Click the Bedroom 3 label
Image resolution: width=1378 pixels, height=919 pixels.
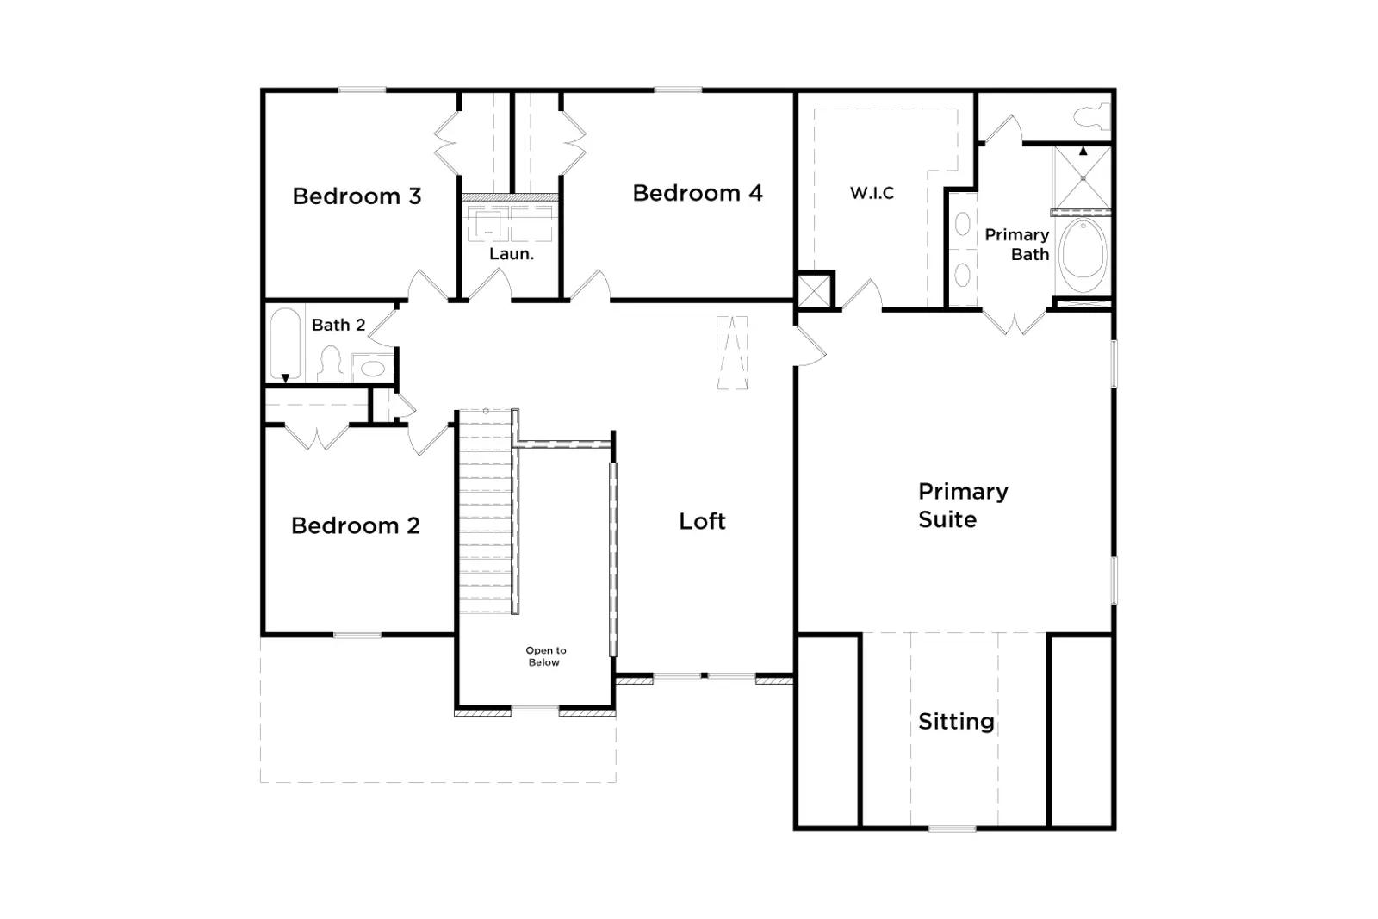coord(357,196)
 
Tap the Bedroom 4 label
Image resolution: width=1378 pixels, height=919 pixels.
coord(698,193)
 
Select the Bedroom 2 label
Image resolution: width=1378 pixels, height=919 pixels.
coord(356,526)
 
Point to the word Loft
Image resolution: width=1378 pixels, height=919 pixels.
coord(702,522)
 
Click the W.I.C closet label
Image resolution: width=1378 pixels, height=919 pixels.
coord(872,193)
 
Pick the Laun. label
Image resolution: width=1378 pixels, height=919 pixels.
coord(512,254)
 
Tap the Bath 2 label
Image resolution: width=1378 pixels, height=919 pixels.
coord(338,325)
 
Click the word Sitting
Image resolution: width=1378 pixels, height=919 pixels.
coord(956,722)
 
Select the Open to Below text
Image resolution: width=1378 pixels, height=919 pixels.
coord(546,656)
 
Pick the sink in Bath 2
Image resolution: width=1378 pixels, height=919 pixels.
coord(372,369)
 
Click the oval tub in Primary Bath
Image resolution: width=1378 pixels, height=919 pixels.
coord(1083,255)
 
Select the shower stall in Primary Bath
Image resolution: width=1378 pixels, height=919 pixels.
coord(1083,178)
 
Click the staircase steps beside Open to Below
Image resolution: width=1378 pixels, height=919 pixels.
coord(486,511)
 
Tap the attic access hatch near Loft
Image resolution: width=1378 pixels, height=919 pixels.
coord(732,352)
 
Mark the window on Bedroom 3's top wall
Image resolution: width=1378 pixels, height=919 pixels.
coord(363,90)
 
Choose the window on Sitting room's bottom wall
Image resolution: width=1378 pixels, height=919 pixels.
coord(952,829)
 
